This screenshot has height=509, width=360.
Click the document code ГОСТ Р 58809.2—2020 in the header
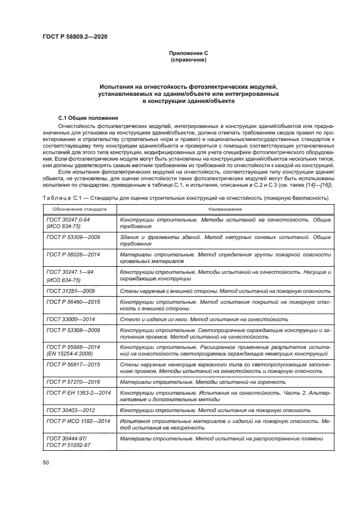[x=74, y=35]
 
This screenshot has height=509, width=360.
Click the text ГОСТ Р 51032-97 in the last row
[x=68, y=445]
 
